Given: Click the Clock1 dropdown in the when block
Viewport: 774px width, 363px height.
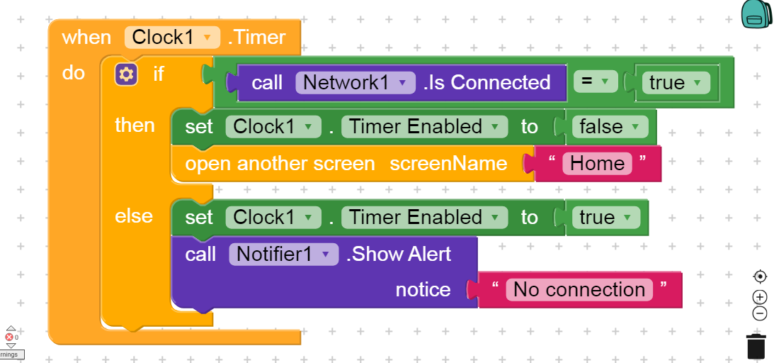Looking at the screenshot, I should (x=172, y=37).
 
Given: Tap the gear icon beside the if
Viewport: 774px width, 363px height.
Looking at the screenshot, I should (x=126, y=73).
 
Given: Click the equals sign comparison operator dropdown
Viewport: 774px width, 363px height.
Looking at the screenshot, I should (x=596, y=82).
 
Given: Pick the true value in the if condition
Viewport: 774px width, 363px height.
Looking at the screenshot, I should (x=676, y=83).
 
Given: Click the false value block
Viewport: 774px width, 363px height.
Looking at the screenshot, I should (x=610, y=127).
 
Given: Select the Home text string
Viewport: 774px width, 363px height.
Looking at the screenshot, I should (x=597, y=164).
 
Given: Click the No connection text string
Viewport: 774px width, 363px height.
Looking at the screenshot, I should (x=579, y=289).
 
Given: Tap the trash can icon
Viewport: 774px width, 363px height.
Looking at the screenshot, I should (x=756, y=346).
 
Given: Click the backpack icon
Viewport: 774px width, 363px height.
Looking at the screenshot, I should (x=756, y=14).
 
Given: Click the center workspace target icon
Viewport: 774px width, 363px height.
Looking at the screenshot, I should (x=760, y=276).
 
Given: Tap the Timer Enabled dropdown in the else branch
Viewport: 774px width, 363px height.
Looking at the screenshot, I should (x=424, y=218).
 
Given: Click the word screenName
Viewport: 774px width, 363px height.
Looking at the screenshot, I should (x=448, y=164).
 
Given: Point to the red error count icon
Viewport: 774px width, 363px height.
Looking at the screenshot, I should (x=10, y=337).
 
